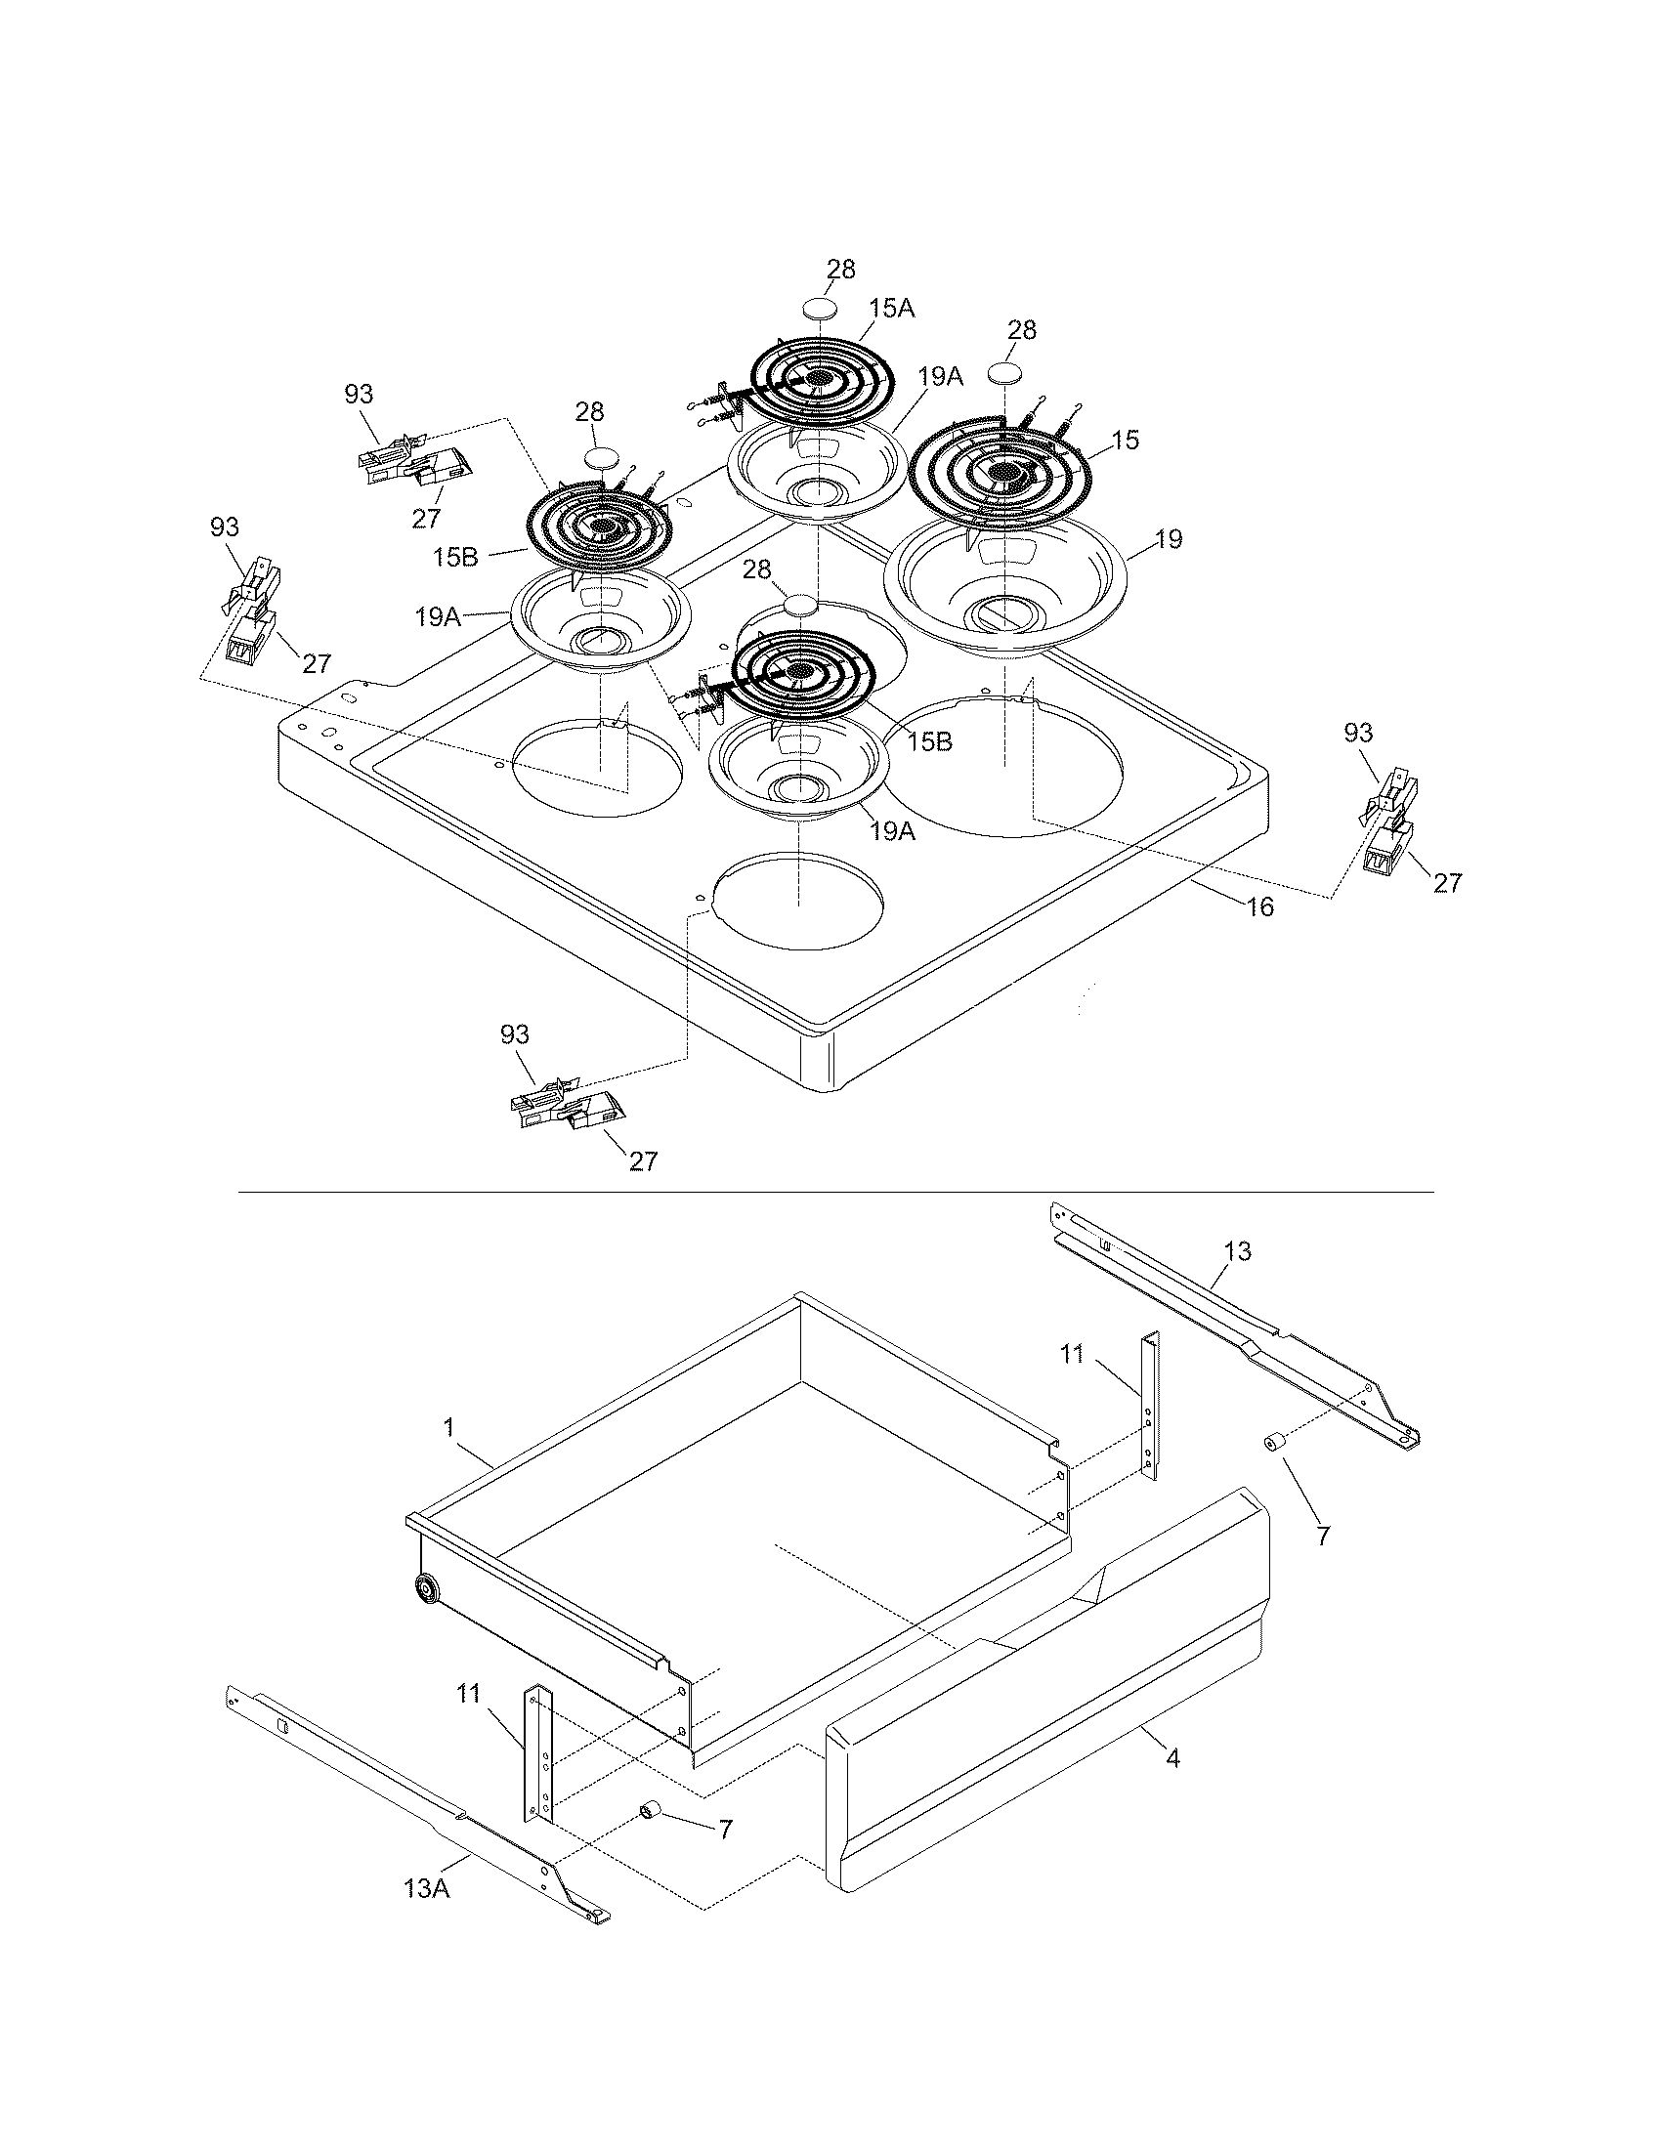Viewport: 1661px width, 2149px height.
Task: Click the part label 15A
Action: tap(891, 308)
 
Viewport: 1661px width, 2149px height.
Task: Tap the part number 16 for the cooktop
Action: tap(1259, 906)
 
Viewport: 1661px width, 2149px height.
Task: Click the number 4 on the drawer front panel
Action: tap(1171, 1757)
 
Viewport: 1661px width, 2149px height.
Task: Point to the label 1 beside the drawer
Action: tap(448, 1427)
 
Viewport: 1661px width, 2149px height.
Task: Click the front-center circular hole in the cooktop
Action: tap(797, 902)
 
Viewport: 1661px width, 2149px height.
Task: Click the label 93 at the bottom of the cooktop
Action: tap(515, 1034)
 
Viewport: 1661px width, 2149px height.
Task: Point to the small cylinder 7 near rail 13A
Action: tap(651, 1808)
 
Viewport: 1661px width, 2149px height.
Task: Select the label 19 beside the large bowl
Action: tap(1169, 539)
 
